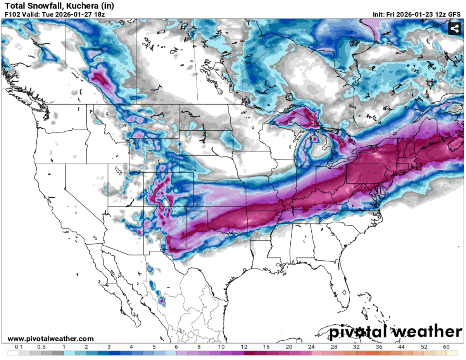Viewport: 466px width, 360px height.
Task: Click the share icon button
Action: click(454, 29)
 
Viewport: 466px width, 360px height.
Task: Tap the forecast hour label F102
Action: click(12, 14)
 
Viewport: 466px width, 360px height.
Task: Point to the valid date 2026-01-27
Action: click(70, 14)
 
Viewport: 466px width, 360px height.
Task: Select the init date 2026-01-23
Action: click(421, 14)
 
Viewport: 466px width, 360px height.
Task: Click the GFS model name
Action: click(455, 14)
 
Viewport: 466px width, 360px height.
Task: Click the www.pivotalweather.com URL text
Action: click(50, 339)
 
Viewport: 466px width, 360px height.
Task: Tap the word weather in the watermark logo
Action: click(426, 332)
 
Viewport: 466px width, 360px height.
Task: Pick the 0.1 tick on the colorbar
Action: click(18, 346)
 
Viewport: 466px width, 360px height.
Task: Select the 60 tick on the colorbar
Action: click(446, 346)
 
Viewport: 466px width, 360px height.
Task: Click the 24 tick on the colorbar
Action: click(311, 346)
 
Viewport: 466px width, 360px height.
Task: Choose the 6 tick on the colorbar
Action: click(176, 346)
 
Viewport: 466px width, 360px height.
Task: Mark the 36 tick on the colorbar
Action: click(379, 346)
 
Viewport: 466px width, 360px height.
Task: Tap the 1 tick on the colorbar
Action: click(64, 346)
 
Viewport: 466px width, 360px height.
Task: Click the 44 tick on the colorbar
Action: click(401, 346)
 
